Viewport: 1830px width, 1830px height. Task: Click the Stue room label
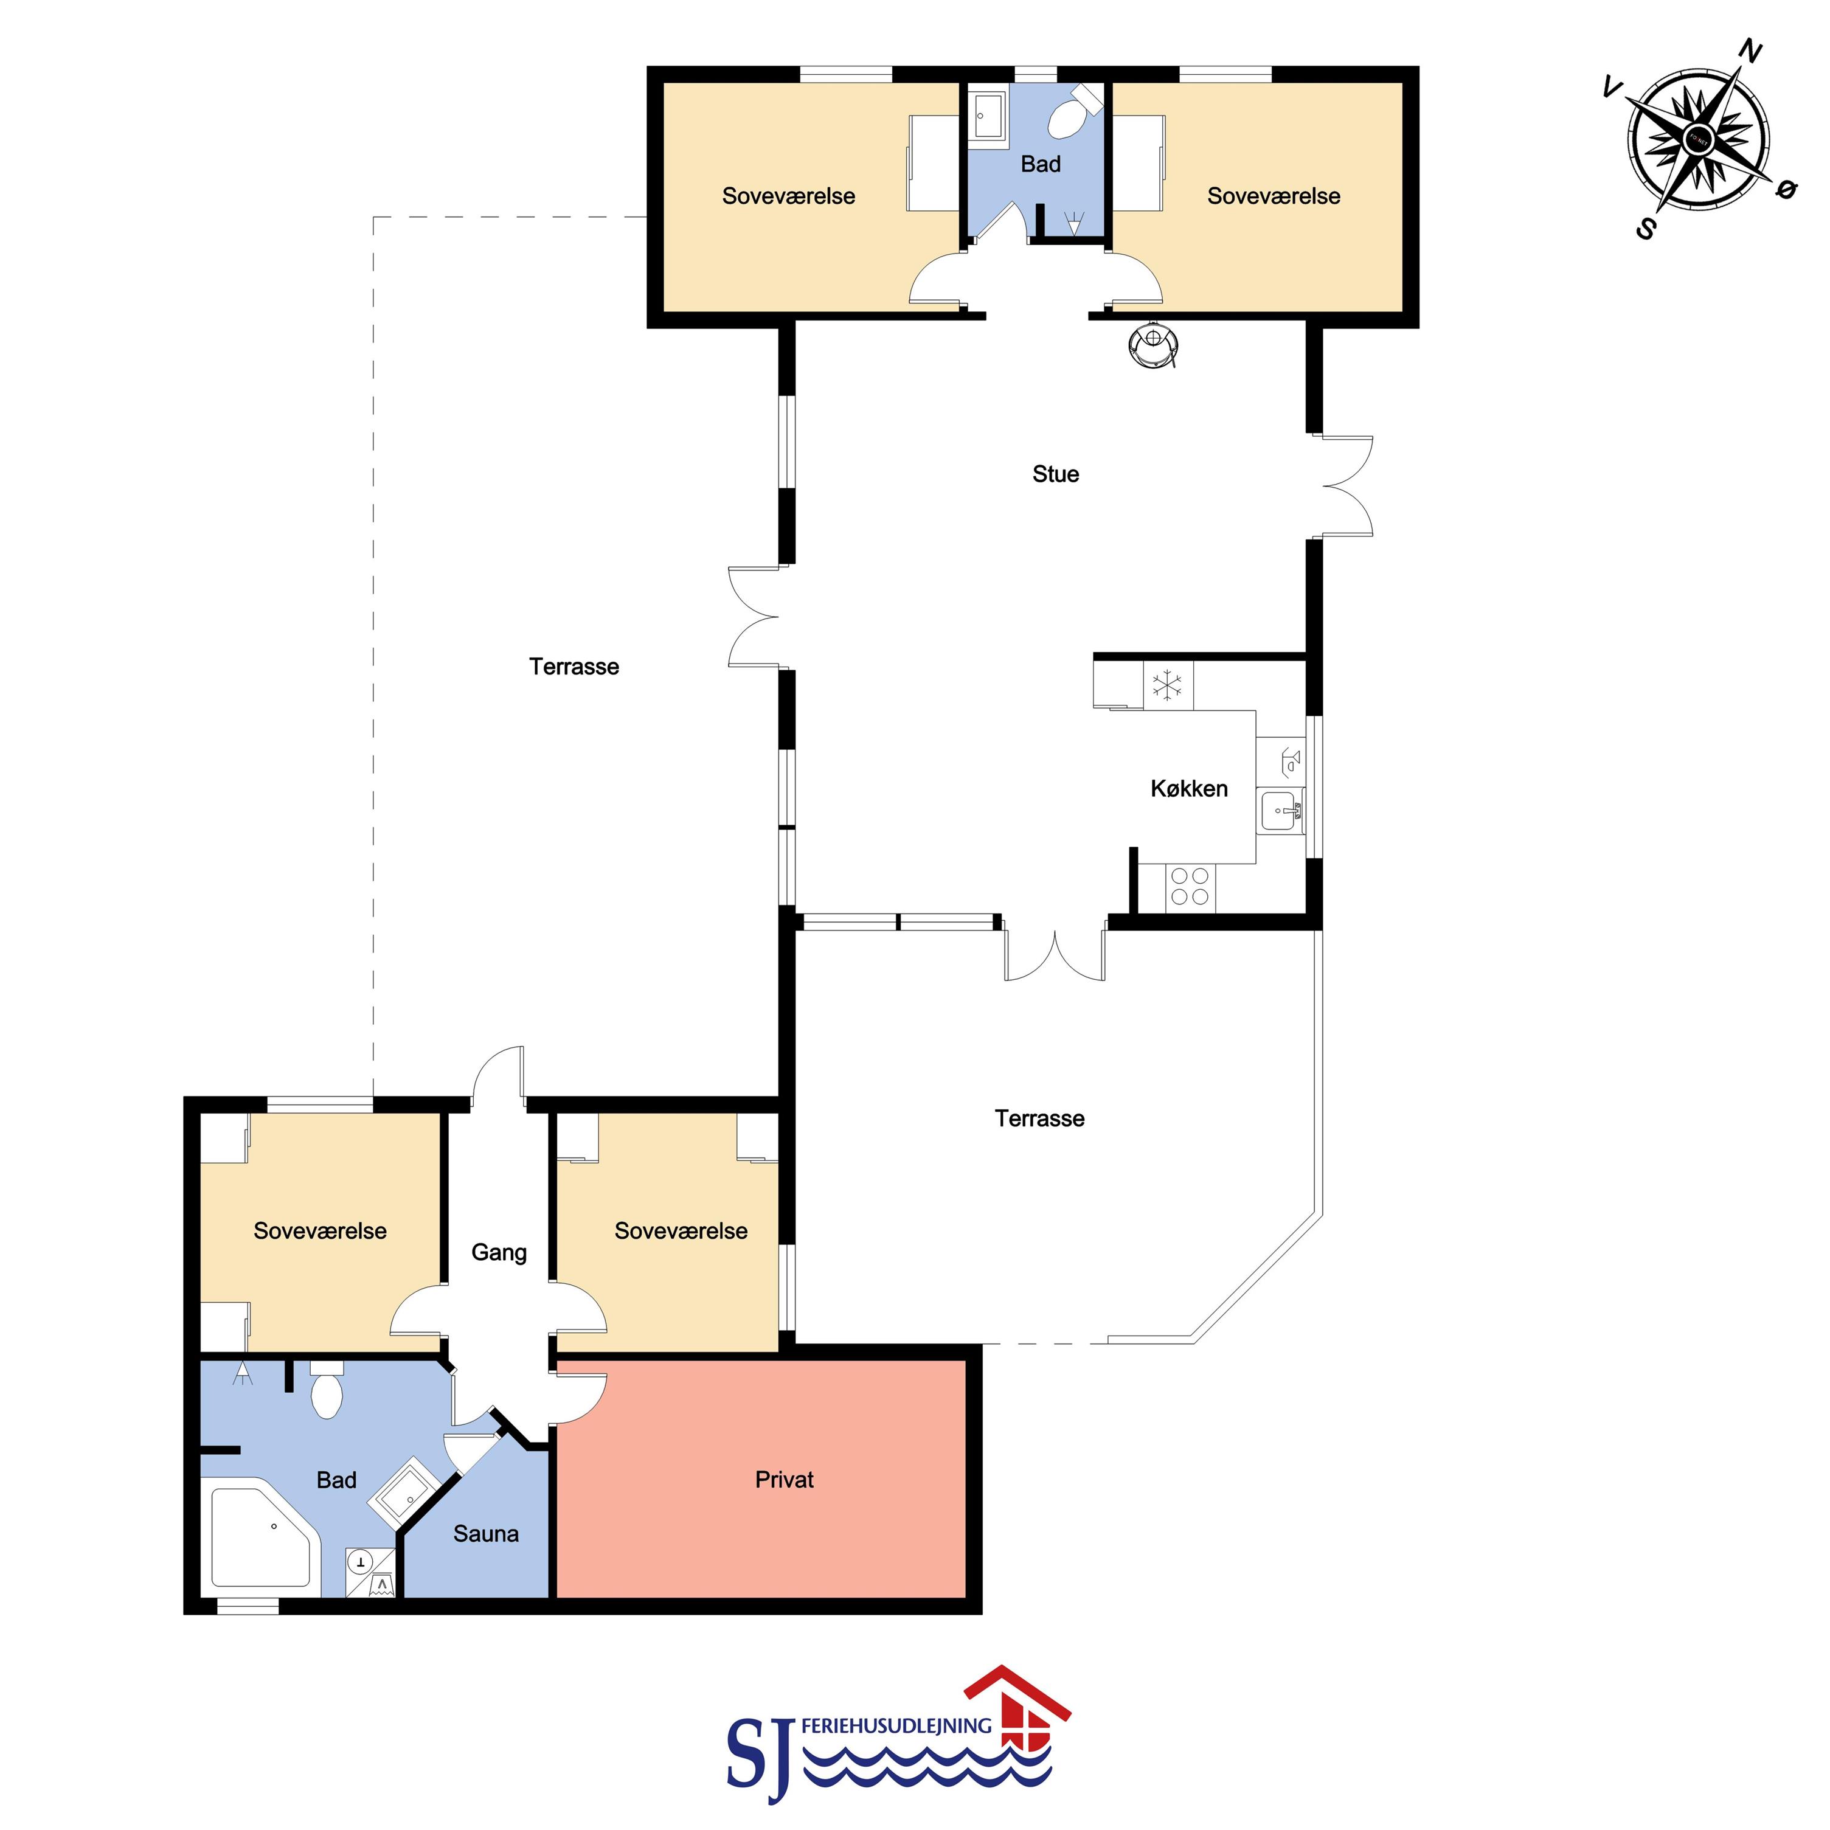(1055, 474)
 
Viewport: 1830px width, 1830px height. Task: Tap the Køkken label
(1189, 788)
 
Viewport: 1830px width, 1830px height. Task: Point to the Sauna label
(486, 1534)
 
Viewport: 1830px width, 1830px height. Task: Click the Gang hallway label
(499, 1252)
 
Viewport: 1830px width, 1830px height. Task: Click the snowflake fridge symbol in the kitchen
(1167, 684)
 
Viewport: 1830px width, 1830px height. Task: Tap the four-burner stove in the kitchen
(1190, 887)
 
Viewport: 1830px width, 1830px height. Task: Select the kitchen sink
(1281, 811)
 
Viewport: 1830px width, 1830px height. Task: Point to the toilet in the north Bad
(1073, 114)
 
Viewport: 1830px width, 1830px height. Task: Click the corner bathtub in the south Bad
(262, 1536)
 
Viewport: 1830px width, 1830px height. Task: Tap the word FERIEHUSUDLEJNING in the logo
(896, 1727)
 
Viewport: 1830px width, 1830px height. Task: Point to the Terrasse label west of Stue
(574, 667)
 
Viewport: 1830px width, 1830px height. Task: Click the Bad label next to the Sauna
(336, 1480)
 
